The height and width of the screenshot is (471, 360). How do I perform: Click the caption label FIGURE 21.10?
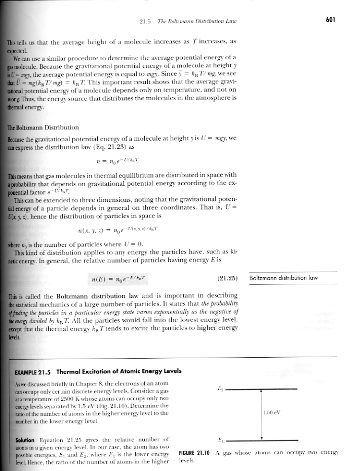point(195,452)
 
